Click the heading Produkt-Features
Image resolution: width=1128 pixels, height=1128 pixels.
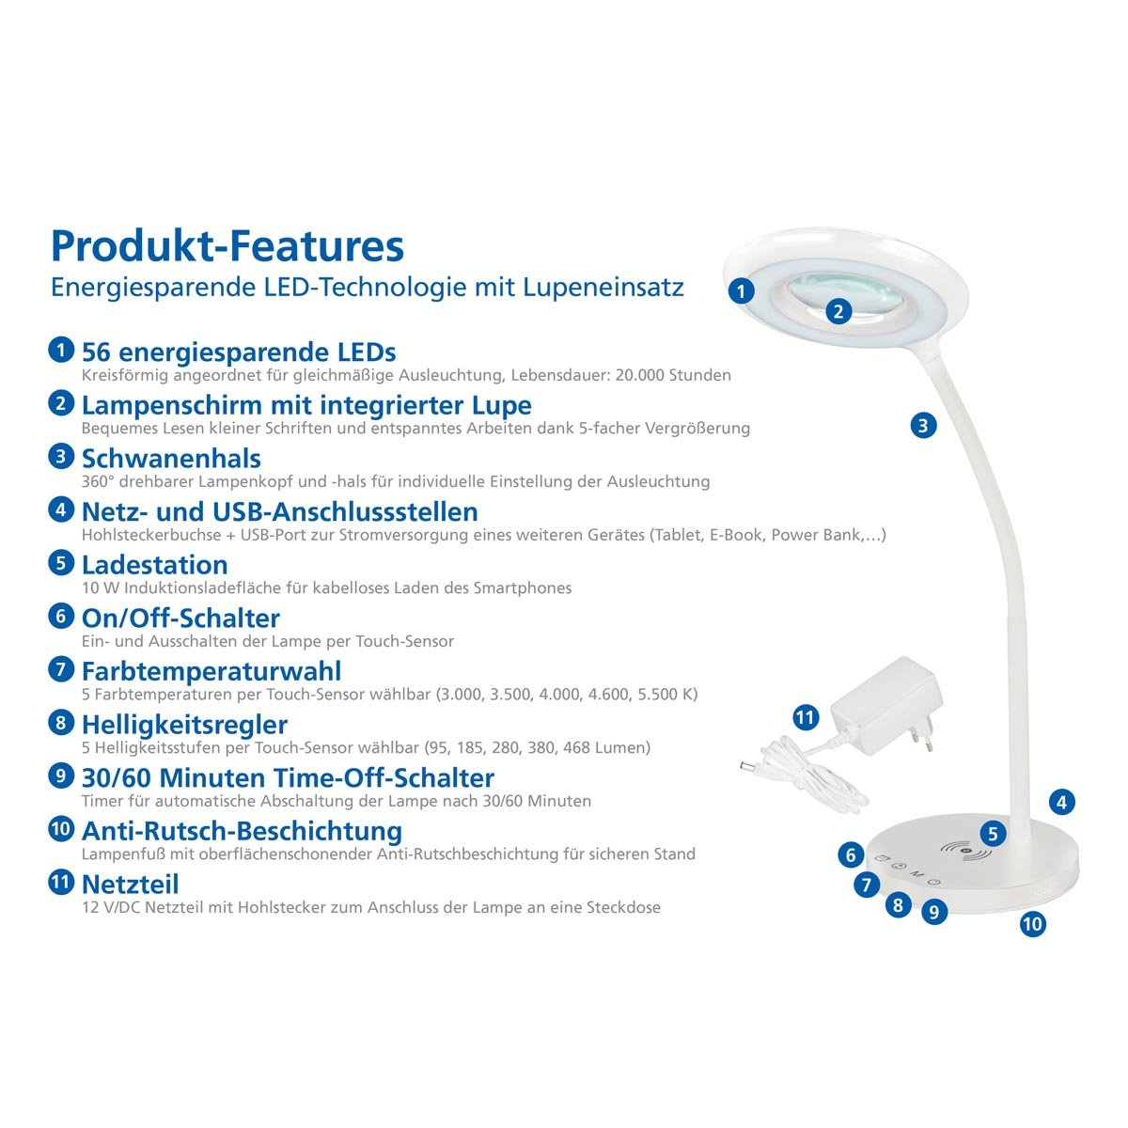pyautogui.click(x=227, y=245)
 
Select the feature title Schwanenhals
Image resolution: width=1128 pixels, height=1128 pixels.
pyautogui.click(x=171, y=459)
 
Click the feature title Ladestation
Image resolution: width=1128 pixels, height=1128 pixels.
pyautogui.click(x=155, y=565)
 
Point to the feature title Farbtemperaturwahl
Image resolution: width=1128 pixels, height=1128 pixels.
pyautogui.click(x=211, y=671)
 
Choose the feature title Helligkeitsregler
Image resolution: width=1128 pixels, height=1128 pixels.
pyautogui.click(x=184, y=725)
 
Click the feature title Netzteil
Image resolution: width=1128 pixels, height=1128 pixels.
pyautogui.click(x=130, y=885)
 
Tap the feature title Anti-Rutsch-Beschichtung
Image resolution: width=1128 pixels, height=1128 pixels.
pyautogui.click(x=242, y=831)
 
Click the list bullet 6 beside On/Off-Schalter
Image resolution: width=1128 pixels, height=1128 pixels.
pyautogui.click(x=60, y=617)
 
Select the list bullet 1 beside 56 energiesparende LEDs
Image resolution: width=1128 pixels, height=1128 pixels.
pyautogui.click(x=60, y=351)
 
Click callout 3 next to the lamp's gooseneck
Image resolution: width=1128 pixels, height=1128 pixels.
pyautogui.click(x=923, y=425)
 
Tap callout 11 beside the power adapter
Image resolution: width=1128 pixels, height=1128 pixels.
pyautogui.click(x=806, y=718)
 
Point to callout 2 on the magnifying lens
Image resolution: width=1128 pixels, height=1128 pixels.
pyautogui.click(x=839, y=311)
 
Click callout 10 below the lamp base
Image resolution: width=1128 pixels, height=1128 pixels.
pyautogui.click(x=1032, y=924)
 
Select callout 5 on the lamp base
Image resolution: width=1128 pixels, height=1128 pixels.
pyautogui.click(x=993, y=833)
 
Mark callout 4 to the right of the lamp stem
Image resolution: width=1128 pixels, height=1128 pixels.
pyautogui.click(x=1061, y=803)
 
